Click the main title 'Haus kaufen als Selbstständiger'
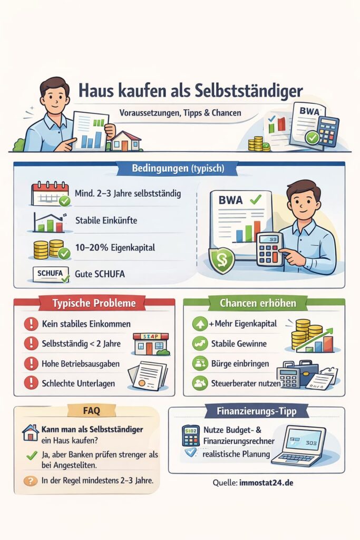[x=190, y=90]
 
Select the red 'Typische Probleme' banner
[x=94, y=303]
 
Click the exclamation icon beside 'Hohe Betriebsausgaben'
[x=31, y=364]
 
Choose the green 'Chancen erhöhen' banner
[x=259, y=303]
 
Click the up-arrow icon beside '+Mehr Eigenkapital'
[x=200, y=324]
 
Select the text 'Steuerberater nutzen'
[x=246, y=384]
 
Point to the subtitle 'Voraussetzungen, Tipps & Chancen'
[x=180, y=112]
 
